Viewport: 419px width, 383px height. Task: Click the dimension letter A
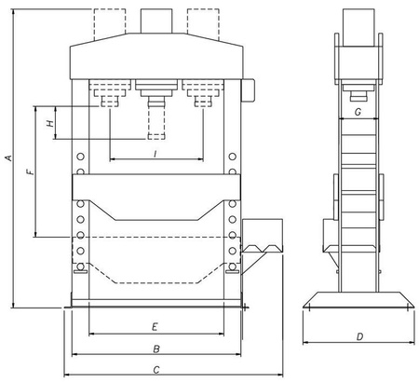(x=9, y=157)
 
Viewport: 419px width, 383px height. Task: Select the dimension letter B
(x=156, y=349)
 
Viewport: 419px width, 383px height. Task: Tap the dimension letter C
(x=156, y=370)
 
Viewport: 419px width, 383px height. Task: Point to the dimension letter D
(x=359, y=336)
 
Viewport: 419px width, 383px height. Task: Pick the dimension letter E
(x=155, y=327)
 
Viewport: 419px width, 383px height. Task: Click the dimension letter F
(x=31, y=171)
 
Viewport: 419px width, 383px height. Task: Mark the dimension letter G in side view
(x=358, y=112)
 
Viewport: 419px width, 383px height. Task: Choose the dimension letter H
(x=50, y=123)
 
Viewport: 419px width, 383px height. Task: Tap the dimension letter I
(x=155, y=154)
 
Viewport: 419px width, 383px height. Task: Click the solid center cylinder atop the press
(x=156, y=21)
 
